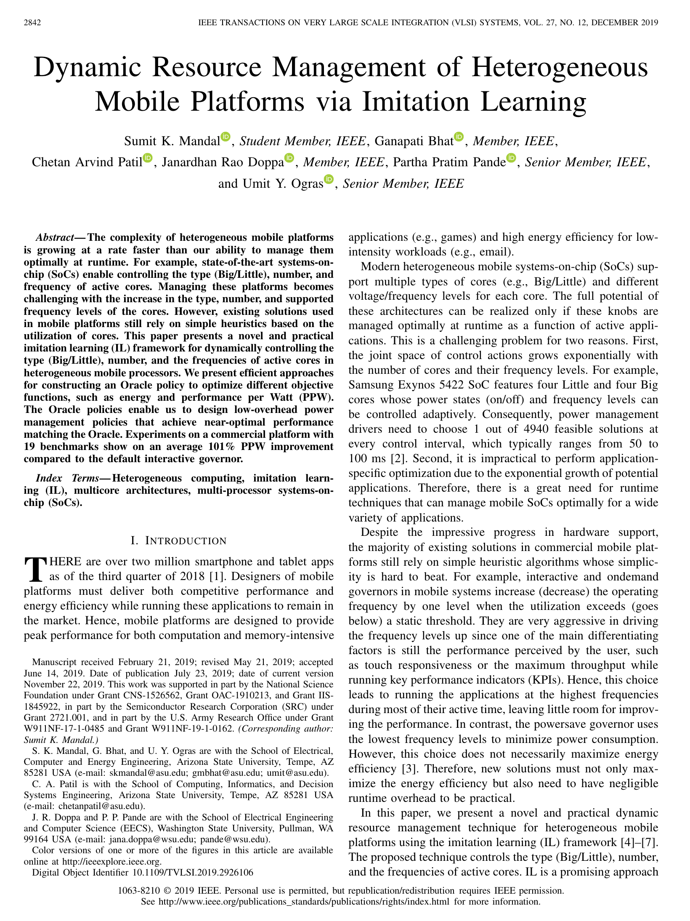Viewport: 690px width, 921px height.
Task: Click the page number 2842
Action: (32, 23)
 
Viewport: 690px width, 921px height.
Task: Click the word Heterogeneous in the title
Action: (560, 67)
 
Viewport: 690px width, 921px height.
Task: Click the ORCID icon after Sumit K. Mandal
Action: (226, 136)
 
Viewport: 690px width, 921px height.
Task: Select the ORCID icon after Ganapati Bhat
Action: (459, 136)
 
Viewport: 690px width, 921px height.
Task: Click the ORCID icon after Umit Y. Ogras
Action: (329, 179)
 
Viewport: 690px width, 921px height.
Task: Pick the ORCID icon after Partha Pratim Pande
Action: (511, 158)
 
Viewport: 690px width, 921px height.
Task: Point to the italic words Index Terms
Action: (67, 478)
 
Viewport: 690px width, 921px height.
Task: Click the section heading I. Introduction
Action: (178, 540)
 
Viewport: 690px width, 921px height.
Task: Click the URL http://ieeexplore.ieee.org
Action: (111, 861)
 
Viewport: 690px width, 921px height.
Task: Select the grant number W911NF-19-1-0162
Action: (193, 729)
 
